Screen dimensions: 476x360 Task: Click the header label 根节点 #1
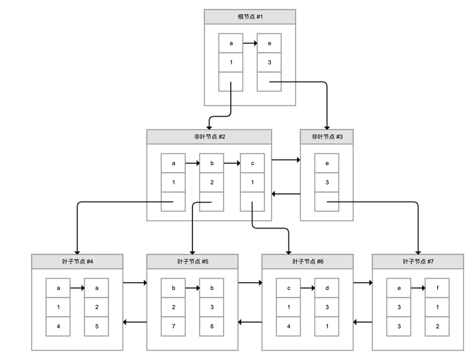coord(250,17)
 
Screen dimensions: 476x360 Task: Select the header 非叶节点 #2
coord(209,137)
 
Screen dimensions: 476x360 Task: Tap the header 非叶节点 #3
coord(327,137)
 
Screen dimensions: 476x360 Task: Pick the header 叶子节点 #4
coord(77,261)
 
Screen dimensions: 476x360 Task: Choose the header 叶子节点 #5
coord(192,261)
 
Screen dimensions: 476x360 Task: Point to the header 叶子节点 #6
coord(307,261)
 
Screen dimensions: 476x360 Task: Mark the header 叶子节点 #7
coord(418,261)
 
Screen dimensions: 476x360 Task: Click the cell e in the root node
coord(269,43)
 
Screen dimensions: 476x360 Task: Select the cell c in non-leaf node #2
coord(252,163)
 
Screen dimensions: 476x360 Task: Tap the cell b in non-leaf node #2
coord(212,163)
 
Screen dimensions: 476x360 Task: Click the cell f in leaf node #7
coord(437,288)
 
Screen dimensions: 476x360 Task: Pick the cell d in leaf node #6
coord(327,288)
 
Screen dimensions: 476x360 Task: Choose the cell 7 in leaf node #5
coord(173,326)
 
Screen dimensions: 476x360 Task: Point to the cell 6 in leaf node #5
coord(212,326)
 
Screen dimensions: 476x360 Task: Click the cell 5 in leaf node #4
coord(97,326)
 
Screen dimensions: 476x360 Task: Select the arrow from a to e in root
coord(250,43)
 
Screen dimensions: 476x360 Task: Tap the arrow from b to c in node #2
coord(232,163)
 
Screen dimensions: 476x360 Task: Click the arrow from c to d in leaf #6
coord(308,288)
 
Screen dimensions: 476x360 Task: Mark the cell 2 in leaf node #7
coord(437,326)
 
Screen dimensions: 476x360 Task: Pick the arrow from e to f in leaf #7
coord(418,288)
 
